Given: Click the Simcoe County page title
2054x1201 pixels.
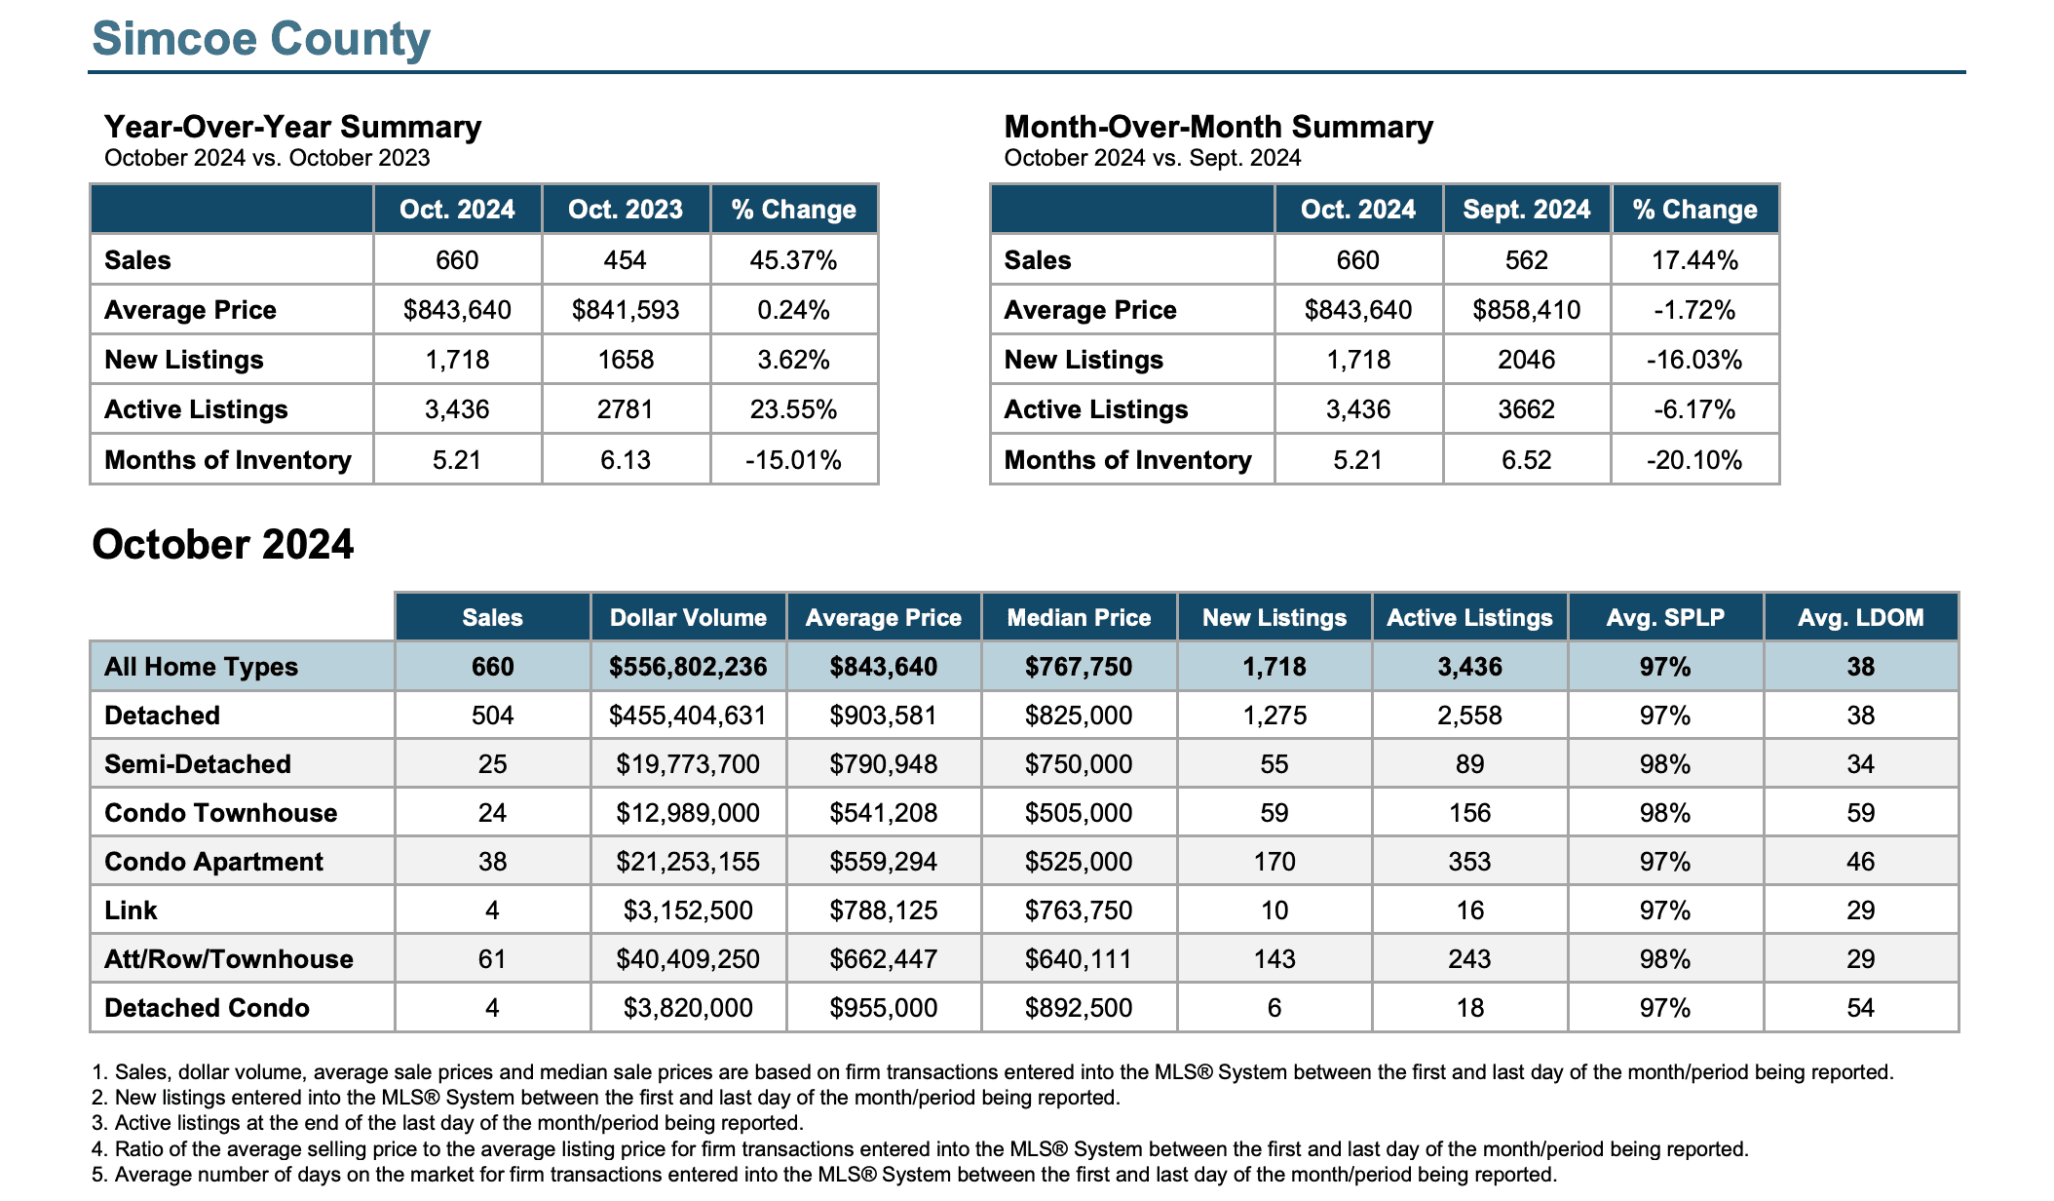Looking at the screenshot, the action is (261, 39).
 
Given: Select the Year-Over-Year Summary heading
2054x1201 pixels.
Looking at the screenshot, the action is (292, 127).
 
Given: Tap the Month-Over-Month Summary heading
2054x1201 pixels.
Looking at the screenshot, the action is (1218, 127).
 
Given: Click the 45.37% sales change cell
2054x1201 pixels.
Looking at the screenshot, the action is (793, 260).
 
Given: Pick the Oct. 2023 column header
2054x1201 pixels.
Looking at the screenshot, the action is (626, 210).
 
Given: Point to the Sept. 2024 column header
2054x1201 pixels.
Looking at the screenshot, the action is (1526, 210).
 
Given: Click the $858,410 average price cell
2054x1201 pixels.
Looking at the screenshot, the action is (1526, 310).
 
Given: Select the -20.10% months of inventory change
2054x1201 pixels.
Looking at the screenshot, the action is (1694, 460).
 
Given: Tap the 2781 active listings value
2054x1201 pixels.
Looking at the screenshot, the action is (626, 409).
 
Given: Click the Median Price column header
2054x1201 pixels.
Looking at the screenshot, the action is (1079, 618).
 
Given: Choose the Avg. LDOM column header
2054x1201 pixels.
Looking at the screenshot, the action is (1860, 618).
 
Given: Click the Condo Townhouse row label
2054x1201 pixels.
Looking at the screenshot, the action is (220, 813).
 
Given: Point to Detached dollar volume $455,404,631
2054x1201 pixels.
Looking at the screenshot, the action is (688, 716).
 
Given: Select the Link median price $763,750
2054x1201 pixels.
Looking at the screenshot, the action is (1079, 910).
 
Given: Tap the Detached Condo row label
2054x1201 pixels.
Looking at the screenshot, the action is (207, 1008).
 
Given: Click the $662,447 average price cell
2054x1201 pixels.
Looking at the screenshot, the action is (883, 959).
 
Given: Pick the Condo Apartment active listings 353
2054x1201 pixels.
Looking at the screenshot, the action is (1469, 862).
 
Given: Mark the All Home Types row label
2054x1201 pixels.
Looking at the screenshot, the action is (201, 667).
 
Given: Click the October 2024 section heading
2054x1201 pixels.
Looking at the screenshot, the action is (222, 545).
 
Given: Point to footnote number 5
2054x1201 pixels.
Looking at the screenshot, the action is (97, 1175).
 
